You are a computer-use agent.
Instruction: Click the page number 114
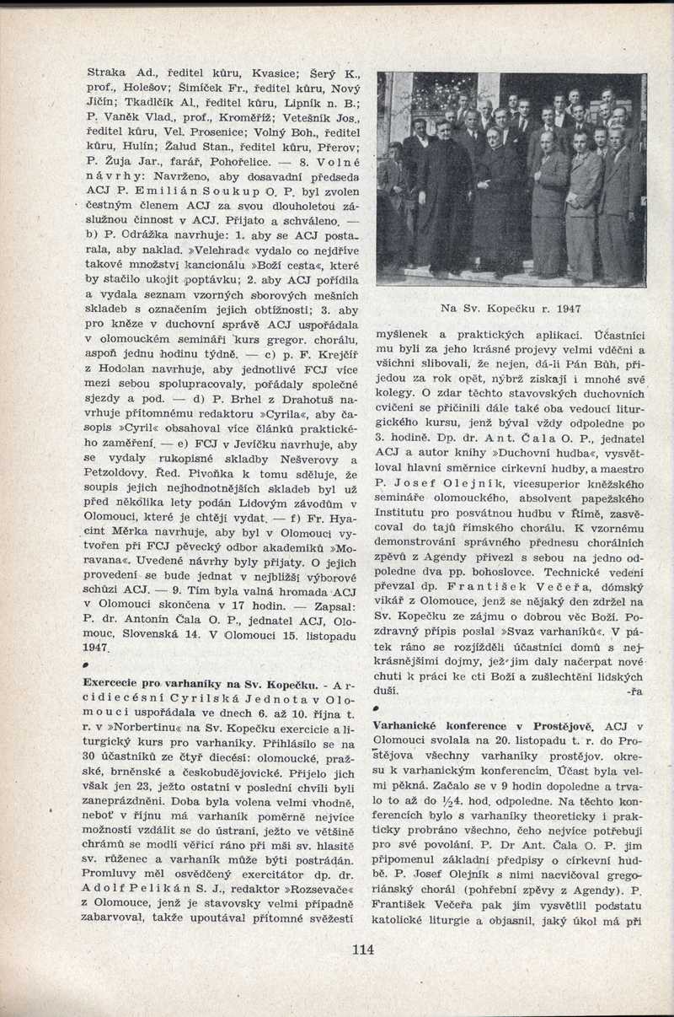(363, 950)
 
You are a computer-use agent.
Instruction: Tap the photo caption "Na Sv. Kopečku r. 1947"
(511, 309)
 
